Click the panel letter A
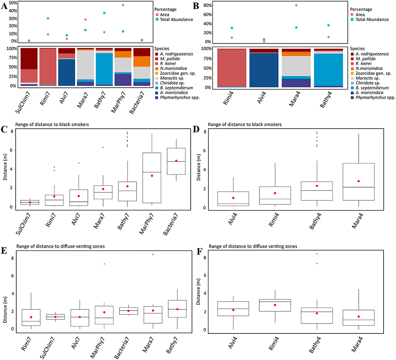point(4,6)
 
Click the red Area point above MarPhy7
point(123,5)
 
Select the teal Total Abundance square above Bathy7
point(104,13)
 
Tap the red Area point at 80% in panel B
point(296,5)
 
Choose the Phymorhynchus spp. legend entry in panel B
point(373,98)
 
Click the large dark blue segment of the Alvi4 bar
point(264,70)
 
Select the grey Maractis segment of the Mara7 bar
point(85,65)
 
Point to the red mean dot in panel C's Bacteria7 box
point(176,161)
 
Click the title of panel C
point(52,124)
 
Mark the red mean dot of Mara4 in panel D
point(359,181)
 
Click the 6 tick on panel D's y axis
point(205,151)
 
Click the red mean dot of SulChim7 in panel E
point(55,317)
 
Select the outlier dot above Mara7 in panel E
point(153,255)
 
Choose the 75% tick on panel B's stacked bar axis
point(207,58)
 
